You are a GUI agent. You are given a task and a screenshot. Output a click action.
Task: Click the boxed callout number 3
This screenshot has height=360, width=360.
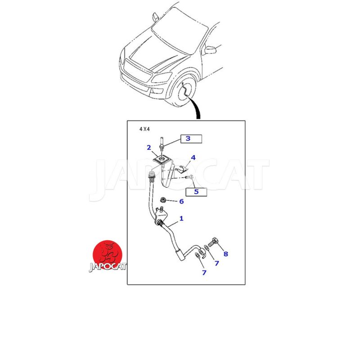(188, 139)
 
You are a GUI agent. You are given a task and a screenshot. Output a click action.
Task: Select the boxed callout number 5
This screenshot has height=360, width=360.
(196, 192)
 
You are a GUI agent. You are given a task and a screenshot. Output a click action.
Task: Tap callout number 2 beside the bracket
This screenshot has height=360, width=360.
(149, 148)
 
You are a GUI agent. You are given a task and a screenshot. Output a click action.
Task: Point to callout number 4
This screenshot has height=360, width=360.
(193, 157)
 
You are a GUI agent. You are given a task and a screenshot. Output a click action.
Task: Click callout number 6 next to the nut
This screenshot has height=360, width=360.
(181, 201)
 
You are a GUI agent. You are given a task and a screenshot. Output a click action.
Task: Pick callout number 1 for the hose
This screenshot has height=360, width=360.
(181, 218)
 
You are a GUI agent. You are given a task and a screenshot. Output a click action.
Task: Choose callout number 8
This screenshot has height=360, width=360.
(226, 254)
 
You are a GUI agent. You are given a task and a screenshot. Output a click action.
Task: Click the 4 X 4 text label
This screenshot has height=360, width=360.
(144, 129)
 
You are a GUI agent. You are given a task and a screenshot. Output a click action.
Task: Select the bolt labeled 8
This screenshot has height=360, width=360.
(213, 242)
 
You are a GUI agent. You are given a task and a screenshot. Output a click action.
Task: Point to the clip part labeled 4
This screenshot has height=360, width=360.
(182, 169)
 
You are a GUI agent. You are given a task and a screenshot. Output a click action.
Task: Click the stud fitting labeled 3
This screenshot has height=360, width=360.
(162, 144)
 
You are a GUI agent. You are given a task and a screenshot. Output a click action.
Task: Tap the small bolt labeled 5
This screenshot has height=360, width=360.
(189, 177)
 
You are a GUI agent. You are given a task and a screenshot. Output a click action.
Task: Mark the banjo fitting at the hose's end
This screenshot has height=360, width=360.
(201, 252)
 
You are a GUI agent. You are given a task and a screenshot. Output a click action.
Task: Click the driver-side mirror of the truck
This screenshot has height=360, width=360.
(211, 50)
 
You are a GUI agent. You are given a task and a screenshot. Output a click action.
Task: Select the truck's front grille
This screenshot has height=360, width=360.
(138, 70)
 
